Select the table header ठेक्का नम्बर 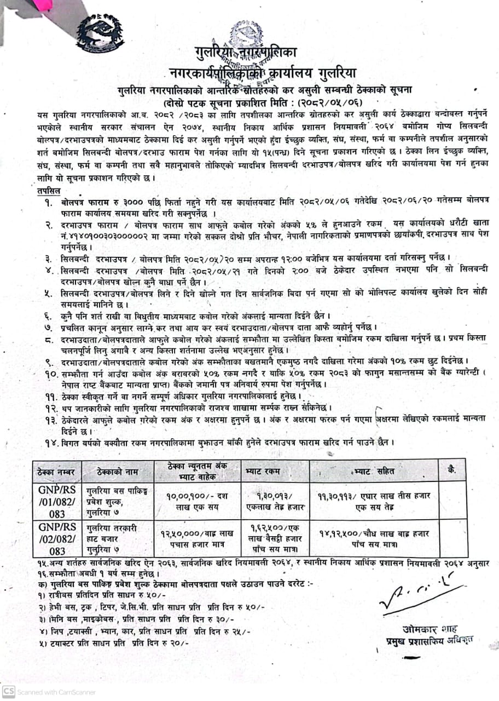tap(57, 472)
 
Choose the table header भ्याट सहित tap(374, 470)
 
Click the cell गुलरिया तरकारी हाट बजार tap(118, 537)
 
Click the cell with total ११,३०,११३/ tap(374, 500)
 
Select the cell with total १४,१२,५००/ tap(374, 537)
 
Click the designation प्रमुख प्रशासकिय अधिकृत tap(428, 640)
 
